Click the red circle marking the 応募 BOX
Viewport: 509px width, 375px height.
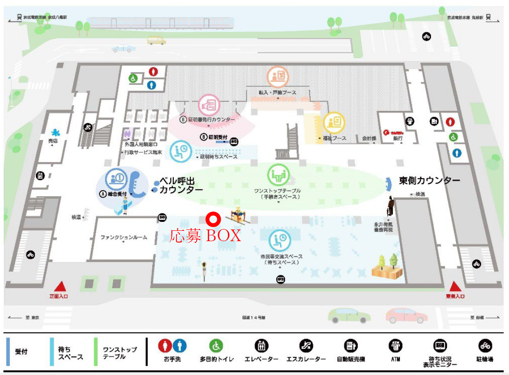point(212,219)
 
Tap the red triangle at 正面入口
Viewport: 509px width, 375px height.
point(61,287)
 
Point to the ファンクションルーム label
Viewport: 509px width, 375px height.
point(123,237)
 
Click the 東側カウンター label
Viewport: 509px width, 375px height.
point(430,181)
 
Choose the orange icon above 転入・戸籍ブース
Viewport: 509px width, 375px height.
point(278,77)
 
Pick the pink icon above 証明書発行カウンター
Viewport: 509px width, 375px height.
point(209,105)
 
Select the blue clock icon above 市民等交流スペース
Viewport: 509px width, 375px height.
point(280,241)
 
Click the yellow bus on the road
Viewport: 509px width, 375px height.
point(156,40)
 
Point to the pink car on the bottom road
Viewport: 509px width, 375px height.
point(407,315)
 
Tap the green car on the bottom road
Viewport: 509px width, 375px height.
point(349,315)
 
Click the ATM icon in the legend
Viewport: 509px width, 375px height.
point(395,346)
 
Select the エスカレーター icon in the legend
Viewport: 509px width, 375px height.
point(306,346)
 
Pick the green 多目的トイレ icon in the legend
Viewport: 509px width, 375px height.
point(216,346)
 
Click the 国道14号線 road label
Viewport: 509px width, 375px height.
point(254,318)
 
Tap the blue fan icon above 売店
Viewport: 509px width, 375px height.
point(56,132)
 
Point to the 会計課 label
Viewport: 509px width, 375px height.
point(369,138)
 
